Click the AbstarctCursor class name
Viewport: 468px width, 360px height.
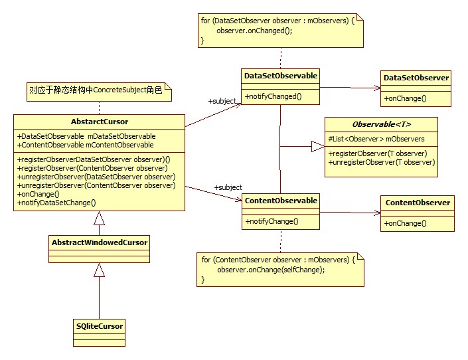pyautogui.click(x=99, y=122)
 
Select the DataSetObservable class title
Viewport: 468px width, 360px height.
pyautogui.click(x=280, y=76)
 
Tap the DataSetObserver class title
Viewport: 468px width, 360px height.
pyautogui.click(x=416, y=78)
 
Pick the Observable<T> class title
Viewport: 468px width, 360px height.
pyautogui.click(x=381, y=124)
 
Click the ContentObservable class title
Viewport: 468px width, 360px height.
pyautogui.click(x=281, y=201)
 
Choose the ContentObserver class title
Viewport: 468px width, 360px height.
pyautogui.click(x=416, y=203)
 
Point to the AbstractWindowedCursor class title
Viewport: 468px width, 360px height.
pyautogui.click(x=99, y=242)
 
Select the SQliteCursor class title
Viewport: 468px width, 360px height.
pyautogui.click(x=99, y=326)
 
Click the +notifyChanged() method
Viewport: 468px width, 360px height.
pyautogui.click(x=273, y=96)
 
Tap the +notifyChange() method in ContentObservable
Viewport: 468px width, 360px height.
pyautogui.click(x=272, y=221)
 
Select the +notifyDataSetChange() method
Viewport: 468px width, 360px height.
pyautogui.click(x=57, y=203)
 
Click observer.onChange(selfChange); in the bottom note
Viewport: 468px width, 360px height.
pyautogui.click(x=271, y=269)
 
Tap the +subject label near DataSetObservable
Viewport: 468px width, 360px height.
pyautogui.click(x=222, y=101)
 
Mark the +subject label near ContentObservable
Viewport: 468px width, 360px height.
pyautogui.click(x=228, y=187)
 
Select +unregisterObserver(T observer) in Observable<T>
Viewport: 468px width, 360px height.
pyautogui.click(x=382, y=162)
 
